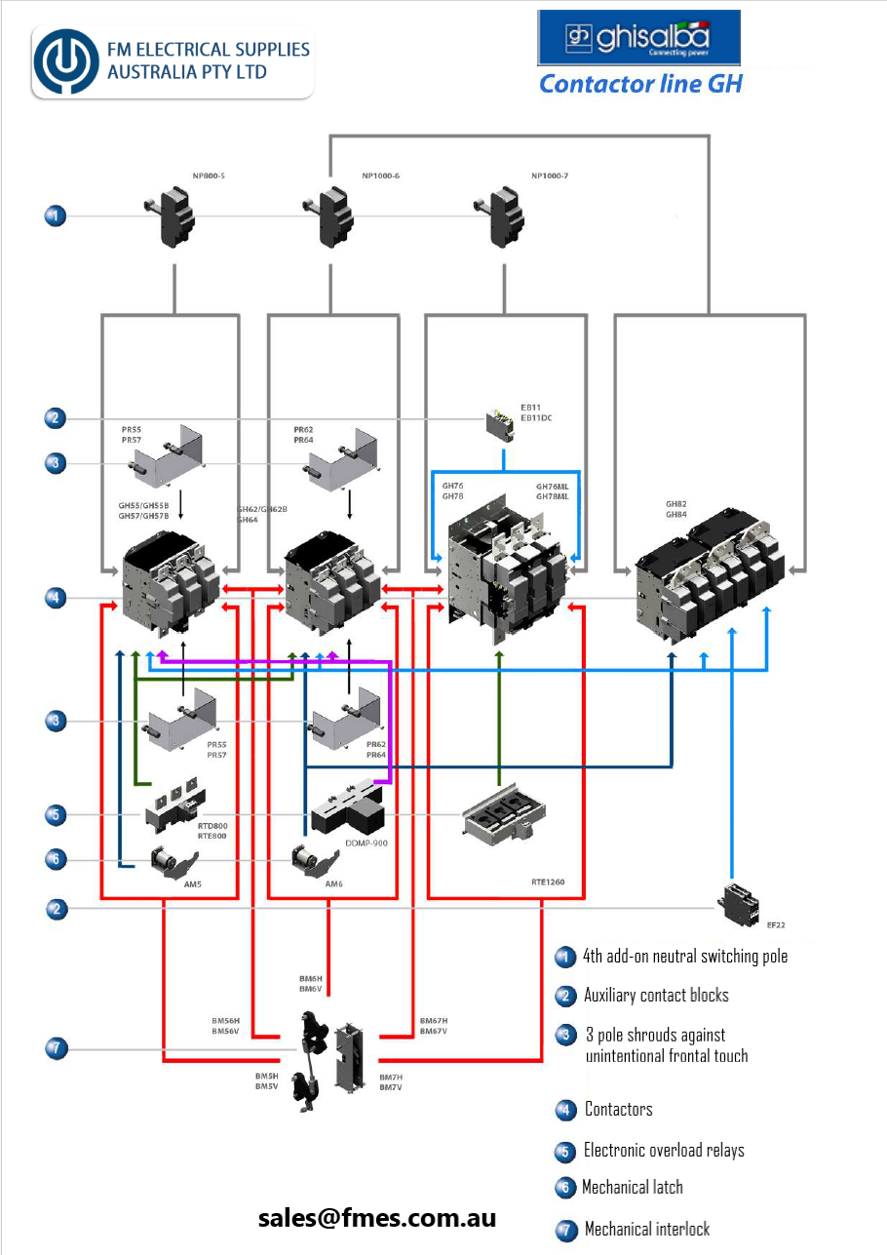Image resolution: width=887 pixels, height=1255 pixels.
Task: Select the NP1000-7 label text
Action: pyautogui.click(x=551, y=176)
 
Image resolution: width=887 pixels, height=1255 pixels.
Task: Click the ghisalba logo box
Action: pyautogui.click(x=638, y=38)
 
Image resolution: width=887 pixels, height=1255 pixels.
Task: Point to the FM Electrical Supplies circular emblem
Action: pyautogui.click(x=67, y=60)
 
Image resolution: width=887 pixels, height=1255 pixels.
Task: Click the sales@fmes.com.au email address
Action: pyautogui.click(x=377, y=1217)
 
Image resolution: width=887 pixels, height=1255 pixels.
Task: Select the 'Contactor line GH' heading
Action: pyautogui.click(x=640, y=84)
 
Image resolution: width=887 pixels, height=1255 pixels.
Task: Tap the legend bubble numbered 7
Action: pyautogui.click(x=565, y=1230)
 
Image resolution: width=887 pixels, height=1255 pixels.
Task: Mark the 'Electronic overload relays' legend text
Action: pyautogui.click(x=664, y=1151)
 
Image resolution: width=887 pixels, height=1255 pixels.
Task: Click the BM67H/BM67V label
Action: pyautogui.click(x=433, y=1025)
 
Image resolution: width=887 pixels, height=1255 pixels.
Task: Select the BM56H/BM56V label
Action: pyautogui.click(x=225, y=1025)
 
